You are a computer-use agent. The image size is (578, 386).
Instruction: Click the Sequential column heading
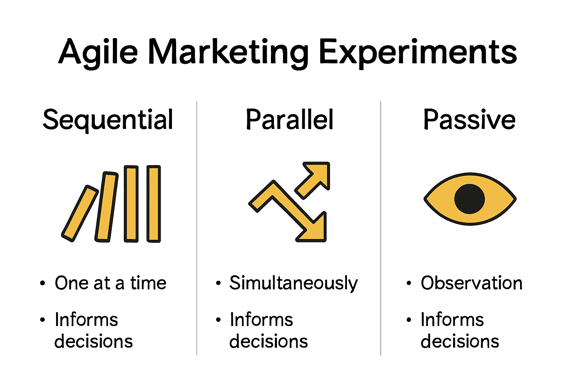click(x=108, y=120)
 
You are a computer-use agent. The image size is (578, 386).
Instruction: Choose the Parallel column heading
click(x=289, y=119)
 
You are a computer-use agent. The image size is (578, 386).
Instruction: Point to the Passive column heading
click(x=469, y=119)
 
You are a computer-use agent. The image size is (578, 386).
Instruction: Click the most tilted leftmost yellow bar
click(x=80, y=214)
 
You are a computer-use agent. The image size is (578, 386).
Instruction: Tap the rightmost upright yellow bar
click(x=154, y=204)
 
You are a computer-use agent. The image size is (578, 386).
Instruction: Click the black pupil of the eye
click(x=469, y=199)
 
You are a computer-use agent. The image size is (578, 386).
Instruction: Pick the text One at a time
click(x=110, y=283)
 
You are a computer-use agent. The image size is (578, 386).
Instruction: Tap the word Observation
click(x=472, y=283)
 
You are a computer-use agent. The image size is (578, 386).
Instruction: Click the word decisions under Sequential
click(x=93, y=341)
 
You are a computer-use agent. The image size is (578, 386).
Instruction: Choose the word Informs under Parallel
click(x=262, y=320)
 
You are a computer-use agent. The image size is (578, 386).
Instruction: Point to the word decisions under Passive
click(x=460, y=341)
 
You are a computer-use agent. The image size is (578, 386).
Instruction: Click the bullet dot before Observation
click(x=408, y=283)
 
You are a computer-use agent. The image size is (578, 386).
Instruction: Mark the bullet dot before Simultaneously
click(x=218, y=283)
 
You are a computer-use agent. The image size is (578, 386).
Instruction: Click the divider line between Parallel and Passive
click(x=380, y=228)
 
